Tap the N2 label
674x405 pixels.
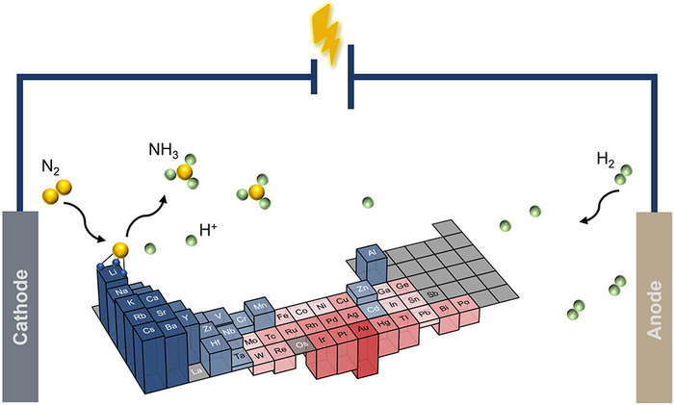pyautogui.click(x=52, y=165)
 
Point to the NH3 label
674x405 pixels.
pyautogui.click(x=163, y=151)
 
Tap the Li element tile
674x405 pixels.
pyautogui.click(x=114, y=273)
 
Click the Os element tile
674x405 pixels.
pyautogui.click(x=301, y=342)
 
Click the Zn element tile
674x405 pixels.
pyautogui.click(x=363, y=289)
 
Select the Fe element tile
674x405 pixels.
pyautogui.click(x=283, y=314)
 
